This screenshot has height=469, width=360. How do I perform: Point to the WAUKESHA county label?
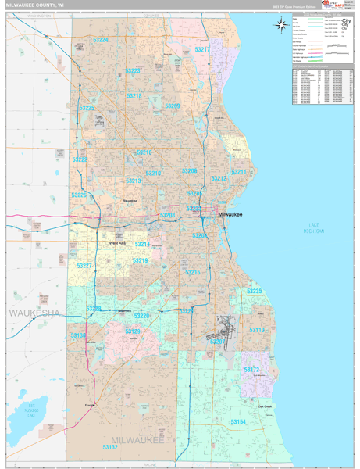coord(34,313)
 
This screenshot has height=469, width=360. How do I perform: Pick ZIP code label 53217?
coord(202,49)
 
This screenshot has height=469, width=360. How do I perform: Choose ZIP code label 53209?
coord(173,106)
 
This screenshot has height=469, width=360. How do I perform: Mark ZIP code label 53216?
coord(144,152)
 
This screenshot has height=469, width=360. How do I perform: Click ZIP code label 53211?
coord(239,171)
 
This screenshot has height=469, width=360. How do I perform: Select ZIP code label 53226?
coord(79,195)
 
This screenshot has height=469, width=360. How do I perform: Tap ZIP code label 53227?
coord(85,266)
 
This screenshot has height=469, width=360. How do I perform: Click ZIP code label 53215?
coord(192,272)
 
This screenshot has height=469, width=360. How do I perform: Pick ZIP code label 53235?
coord(255,291)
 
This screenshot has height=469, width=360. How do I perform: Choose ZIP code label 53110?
coord(257,330)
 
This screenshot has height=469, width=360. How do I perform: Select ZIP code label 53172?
coord(251,369)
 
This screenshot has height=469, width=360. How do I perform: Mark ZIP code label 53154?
coord(237,421)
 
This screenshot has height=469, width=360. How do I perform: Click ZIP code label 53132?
coord(110,447)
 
